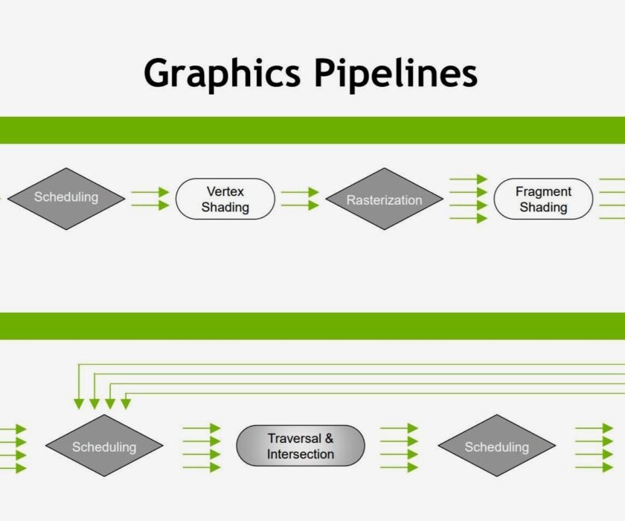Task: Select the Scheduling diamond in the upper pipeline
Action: coord(66,198)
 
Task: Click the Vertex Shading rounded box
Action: coord(225,199)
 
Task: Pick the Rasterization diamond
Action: coord(385,199)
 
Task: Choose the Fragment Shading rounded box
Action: coord(543,199)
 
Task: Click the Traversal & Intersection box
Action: coord(301,446)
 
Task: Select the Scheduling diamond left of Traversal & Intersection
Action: coord(104,447)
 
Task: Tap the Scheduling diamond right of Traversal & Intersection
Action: coord(496,447)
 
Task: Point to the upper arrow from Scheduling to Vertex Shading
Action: coord(150,193)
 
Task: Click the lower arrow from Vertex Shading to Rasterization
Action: coord(300,205)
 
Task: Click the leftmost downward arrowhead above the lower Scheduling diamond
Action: coord(79,403)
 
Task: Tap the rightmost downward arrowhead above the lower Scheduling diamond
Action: coord(126,403)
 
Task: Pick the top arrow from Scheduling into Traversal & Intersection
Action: coord(201,429)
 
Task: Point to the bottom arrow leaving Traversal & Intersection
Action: coord(399,467)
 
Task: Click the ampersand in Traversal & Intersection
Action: coord(329,438)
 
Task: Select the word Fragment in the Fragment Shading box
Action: coord(543,192)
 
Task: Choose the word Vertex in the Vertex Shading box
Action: coord(225,192)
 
